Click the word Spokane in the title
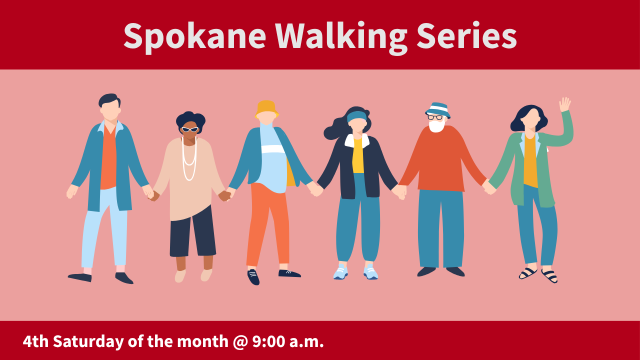[x=194, y=36]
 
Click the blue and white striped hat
[x=438, y=109]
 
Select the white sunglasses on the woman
[x=189, y=129]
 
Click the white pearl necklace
[x=188, y=160]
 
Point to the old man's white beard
[x=436, y=126]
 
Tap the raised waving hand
[x=565, y=104]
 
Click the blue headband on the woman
[x=356, y=116]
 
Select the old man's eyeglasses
[x=435, y=117]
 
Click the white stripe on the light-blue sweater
[x=272, y=149]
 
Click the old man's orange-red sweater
[x=440, y=160]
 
